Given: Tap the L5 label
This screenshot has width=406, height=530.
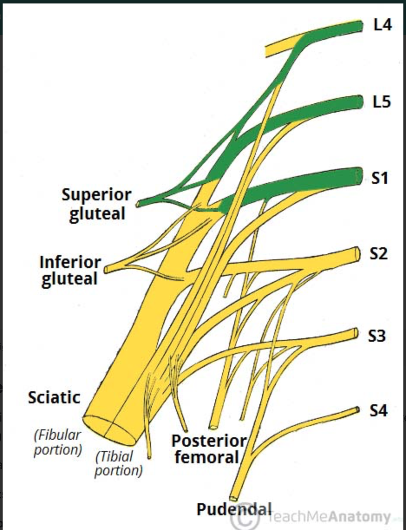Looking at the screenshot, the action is pyautogui.click(x=382, y=102).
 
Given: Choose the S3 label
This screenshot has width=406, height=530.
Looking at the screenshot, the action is pyautogui.click(x=377, y=336).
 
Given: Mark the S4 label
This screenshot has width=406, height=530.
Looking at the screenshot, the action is pyautogui.click(x=378, y=411).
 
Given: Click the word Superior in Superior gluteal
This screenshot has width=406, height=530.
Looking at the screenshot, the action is pyautogui.click(x=96, y=195).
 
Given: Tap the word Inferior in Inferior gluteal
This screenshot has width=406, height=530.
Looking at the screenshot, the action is pyautogui.click(x=70, y=262).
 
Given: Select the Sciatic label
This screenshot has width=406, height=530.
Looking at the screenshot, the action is pyautogui.click(x=54, y=397).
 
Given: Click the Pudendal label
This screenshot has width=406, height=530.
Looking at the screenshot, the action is pyautogui.click(x=234, y=509).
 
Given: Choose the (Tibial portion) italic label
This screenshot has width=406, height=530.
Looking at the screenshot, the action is pyautogui.click(x=118, y=463).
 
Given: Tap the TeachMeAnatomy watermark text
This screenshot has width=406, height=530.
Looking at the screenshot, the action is pyautogui.click(x=330, y=517).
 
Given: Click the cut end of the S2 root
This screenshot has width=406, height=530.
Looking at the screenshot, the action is pyautogui.click(x=357, y=253).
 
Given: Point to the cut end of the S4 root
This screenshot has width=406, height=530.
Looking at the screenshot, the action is pyautogui.click(x=357, y=409).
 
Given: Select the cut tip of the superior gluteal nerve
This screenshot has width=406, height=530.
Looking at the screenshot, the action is pyautogui.click(x=138, y=203).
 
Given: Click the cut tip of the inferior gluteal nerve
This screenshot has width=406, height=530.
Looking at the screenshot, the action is pyautogui.click(x=107, y=269).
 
